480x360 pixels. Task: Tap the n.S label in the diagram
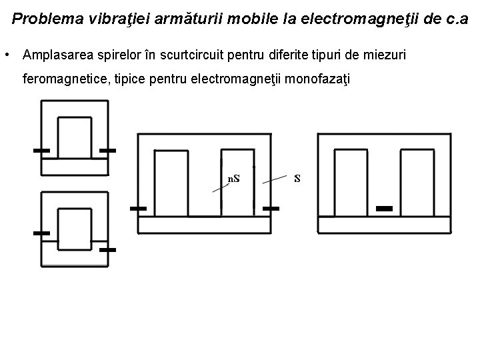point(234,179)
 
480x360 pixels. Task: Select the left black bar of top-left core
point(41,151)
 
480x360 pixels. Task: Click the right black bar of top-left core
point(107,151)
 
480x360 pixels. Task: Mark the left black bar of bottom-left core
point(41,233)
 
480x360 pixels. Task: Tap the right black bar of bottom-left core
point(107,249)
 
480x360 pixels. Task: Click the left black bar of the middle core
point(138,209)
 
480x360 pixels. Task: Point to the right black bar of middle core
point(270,209)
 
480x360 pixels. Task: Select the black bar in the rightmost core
point(385,209)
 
